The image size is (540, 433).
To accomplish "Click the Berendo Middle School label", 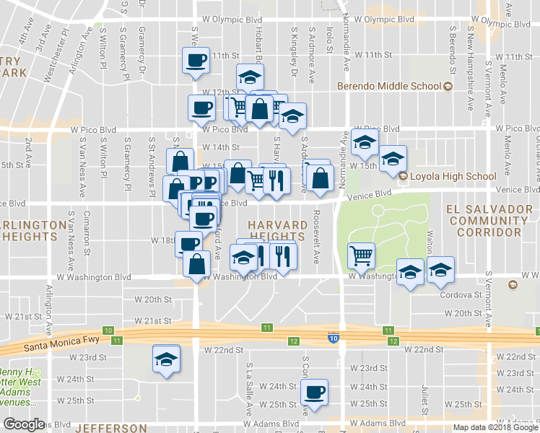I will pyautogui.click(x=390, y=87).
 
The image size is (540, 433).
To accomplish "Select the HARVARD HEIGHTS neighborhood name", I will pyautogui.click(x=278, y=231).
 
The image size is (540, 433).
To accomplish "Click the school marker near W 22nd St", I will pyautogui.click(x=166, y=359).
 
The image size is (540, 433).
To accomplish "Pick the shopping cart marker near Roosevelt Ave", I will pyautogui.click(x=361, y=255).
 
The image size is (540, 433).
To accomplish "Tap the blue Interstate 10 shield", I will pyautogui.click(x=333, y=338).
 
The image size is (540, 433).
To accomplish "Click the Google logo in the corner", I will pyautogui.click(x=24, y=424).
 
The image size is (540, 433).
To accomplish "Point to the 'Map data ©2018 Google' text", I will pyautogui.click(x=496, y=427).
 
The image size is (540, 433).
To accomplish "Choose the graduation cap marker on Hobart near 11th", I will pyautogui.click(x=250, y=77).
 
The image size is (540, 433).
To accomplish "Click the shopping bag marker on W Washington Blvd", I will pyautogui.click(x=196, y=264).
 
